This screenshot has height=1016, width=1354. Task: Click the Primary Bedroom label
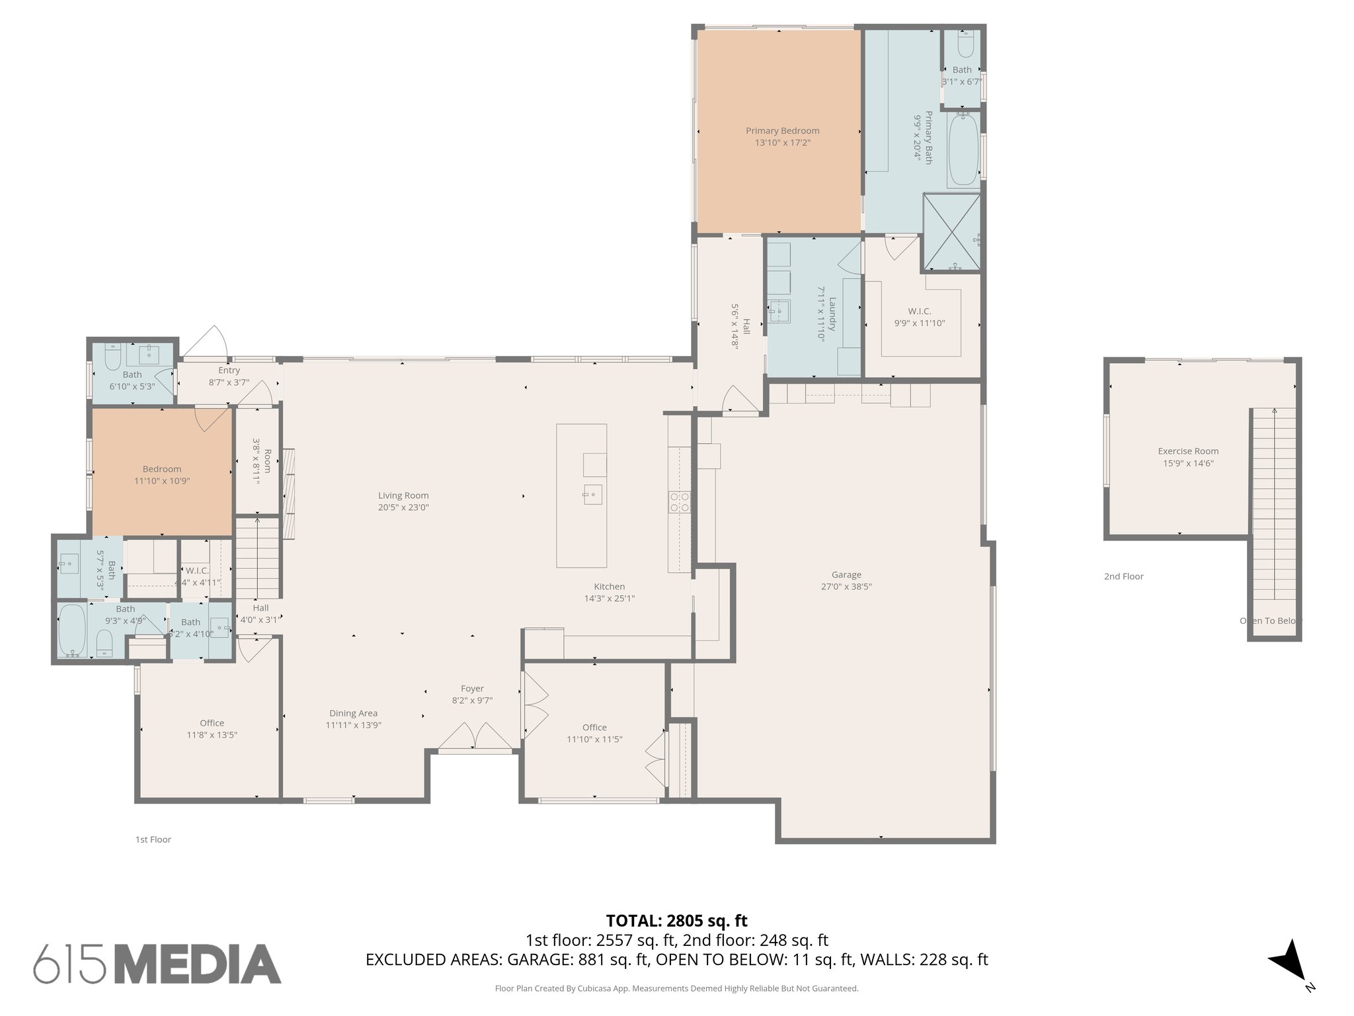coord(782,131)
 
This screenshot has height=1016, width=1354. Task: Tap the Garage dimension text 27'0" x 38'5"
coord(846,586)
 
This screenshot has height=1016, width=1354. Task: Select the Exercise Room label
coord(1188,451)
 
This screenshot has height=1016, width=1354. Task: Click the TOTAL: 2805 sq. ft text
coord(676,921)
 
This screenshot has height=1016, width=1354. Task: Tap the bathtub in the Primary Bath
coord(963,149)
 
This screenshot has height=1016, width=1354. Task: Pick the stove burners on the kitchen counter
coord(680,502)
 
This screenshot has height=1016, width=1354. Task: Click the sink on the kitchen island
coord(592,494)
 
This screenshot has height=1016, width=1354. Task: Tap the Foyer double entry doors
coord(475,737)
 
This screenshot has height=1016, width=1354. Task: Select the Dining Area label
coord(353,713)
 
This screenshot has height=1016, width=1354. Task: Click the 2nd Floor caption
coord(1123,577)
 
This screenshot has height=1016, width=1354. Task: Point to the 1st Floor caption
coord(153,839)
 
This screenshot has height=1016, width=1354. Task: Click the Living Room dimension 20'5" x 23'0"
coord(403,507)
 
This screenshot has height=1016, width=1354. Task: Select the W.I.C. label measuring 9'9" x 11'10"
coord(919,311)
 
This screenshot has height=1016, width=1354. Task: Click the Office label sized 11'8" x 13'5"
coord(212,723)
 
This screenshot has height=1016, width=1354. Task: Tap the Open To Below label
coord(1269,620)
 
